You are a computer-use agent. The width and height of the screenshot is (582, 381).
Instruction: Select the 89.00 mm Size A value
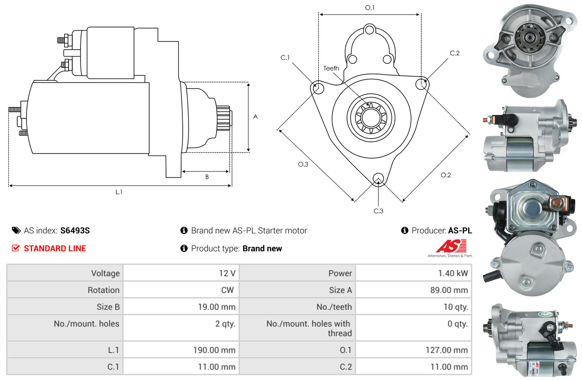coord(449,290)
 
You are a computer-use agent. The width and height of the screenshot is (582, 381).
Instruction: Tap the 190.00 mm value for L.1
coord(214,350)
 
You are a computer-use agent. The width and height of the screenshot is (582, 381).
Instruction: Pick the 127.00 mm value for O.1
coord(447,350)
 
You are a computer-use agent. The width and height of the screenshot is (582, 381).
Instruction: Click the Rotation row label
coord(104,290)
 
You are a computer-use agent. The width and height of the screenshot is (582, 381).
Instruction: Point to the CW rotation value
coord(227,290)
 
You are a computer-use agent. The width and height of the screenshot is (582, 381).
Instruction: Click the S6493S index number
coord(75,230)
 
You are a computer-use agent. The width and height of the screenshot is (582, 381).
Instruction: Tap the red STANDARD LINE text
coord(55,249)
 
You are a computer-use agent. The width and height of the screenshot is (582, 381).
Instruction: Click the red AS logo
coord(451,246)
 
